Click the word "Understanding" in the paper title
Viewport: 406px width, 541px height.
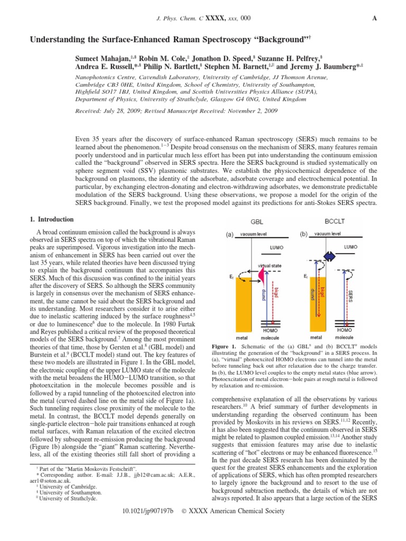coord(55,40)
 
